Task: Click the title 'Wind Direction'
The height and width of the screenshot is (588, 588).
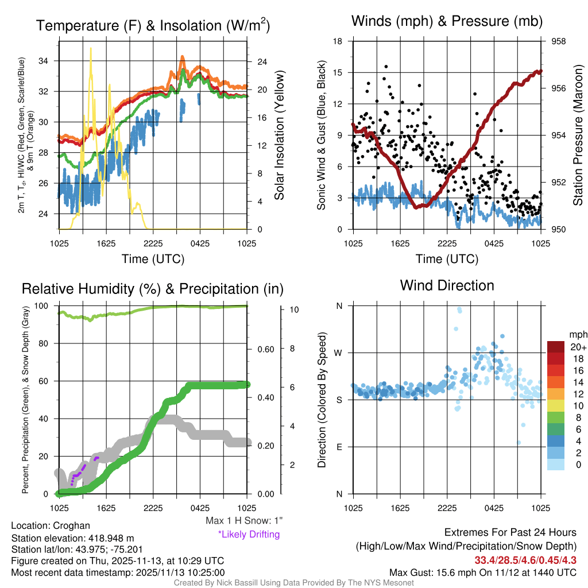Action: [447, 285]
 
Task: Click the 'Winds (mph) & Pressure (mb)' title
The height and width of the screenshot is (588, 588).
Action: [447, 21]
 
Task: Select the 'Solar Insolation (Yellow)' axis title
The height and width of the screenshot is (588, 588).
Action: [280, 136]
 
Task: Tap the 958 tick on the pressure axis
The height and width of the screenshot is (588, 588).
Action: [559, 41]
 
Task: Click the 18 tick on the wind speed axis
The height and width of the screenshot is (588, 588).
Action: [338, 41]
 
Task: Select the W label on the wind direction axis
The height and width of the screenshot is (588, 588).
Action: [339, 353]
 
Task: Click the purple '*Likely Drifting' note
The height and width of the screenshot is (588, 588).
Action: [249, 534]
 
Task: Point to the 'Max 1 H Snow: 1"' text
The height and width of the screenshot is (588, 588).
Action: [245, 521]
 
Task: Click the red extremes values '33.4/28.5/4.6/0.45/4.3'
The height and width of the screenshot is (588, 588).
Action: [525, 560]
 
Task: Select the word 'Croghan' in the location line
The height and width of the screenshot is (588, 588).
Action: [71, 525]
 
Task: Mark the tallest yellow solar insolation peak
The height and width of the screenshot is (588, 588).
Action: [90, 49]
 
